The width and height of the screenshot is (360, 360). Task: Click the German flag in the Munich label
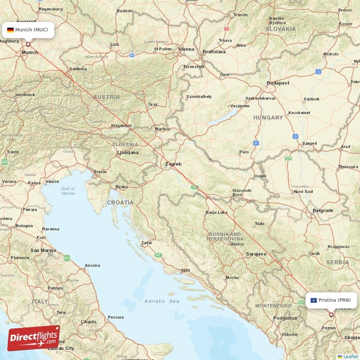coord(10,30)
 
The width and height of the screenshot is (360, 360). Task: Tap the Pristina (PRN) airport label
coord(331,300)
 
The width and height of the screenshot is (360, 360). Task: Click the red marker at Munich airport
coord(28,44)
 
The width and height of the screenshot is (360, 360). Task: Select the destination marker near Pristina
coord(331,315)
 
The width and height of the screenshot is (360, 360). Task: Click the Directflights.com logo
coord(34,338)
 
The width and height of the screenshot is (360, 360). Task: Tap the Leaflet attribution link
coord(351,356)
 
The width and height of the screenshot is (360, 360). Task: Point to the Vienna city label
coord(186,49)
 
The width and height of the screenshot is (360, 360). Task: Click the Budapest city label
coord(278,83)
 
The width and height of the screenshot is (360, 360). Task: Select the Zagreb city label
coord(173,164)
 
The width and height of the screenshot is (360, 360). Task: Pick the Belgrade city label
coord(323,210)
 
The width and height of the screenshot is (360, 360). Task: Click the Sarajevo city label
coord(256,254)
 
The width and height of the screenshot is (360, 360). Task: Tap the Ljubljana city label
coord(128,153)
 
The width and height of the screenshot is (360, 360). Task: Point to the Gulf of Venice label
coord(68,191)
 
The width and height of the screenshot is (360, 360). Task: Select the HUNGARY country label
coord(268,117)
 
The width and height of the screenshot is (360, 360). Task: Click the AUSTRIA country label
coord(107,97)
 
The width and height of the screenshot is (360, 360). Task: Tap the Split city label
coord(185,270)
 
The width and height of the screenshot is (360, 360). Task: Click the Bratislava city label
coord(214,52)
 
